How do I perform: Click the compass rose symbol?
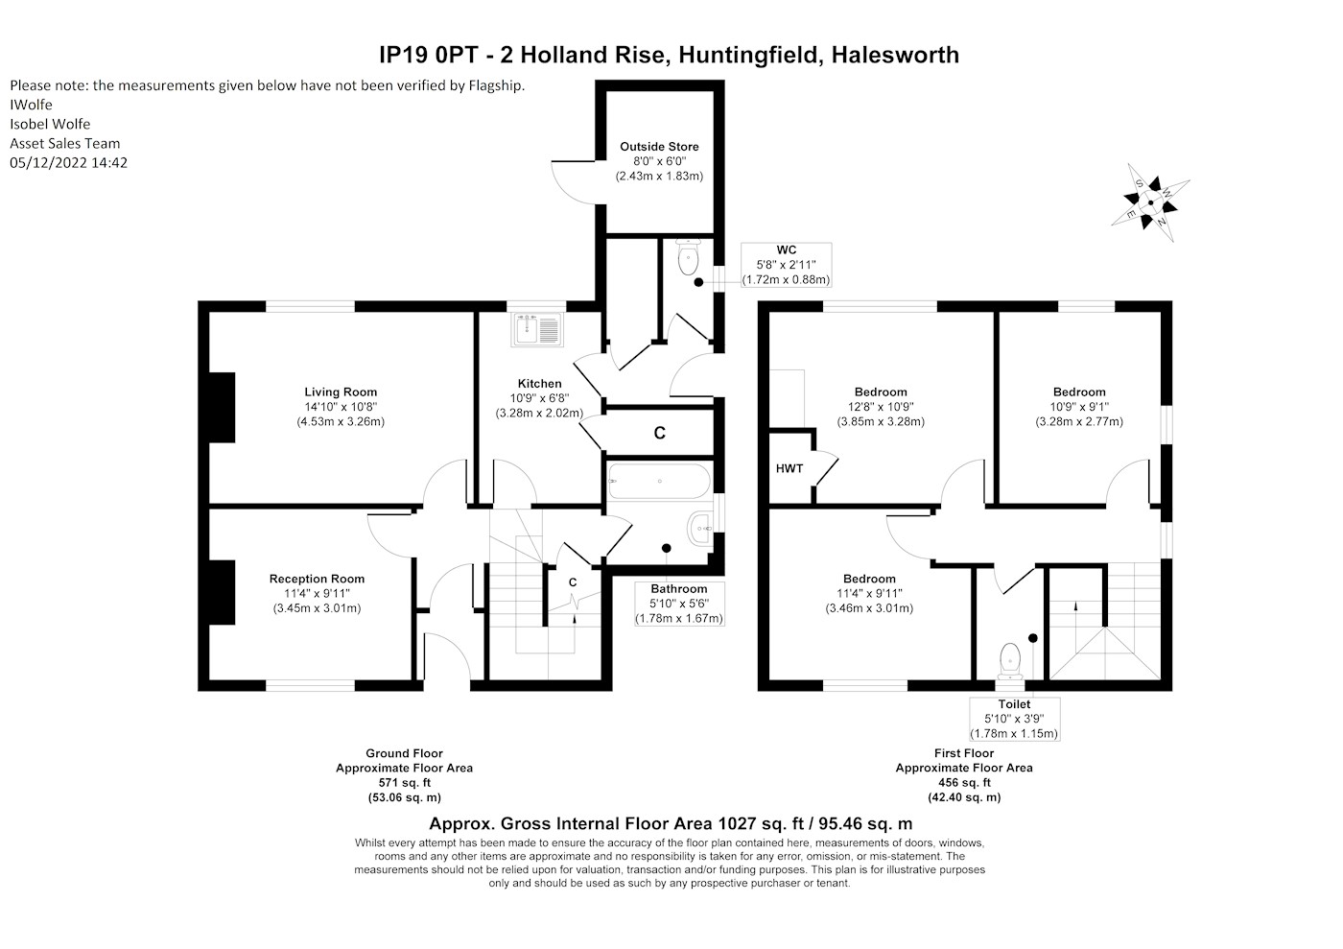(x=1150, y=202)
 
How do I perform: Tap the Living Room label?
(x=341, y=392)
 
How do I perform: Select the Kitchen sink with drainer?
(x=536, y=329)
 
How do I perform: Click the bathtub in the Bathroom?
(x=659, y=481)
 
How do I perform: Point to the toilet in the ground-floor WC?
(x=689, y=257)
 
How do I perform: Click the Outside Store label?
(x=659, y=147)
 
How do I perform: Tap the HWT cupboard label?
(x=789, y=468)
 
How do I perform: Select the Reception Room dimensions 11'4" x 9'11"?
(x=317, y=594)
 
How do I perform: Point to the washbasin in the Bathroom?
(x=699, y=528)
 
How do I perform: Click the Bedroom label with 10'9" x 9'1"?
(x=1079, y=392)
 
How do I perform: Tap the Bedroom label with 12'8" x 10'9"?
(x=881, y=392)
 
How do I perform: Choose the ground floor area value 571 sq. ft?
(x=405, y=782)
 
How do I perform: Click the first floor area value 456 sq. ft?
(x=964, y=782)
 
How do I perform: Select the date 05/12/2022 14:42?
(x=68, y=162)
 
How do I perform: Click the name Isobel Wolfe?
(x=50, y=124)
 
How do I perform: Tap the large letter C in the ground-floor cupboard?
(x=660, y=433)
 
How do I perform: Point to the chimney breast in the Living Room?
(x=222, y=407)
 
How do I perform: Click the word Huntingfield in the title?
(x=749, y=56)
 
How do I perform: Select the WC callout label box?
(x=786, y=265)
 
